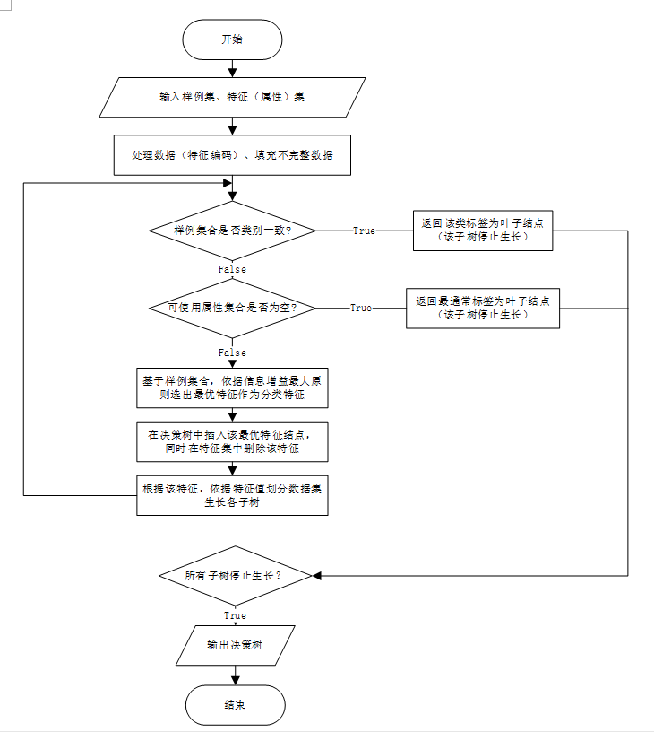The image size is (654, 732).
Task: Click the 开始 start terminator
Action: click(232, 39)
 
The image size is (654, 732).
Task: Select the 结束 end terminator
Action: click(235, 705)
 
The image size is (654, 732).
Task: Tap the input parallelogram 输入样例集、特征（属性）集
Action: click(232, 97)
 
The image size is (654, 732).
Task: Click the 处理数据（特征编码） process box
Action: click(232, 154)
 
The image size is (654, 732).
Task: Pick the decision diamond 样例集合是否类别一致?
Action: click(232, 231)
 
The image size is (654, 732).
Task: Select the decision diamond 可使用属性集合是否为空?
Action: click(232, 308)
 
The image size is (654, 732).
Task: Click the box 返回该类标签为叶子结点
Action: click(483, 231)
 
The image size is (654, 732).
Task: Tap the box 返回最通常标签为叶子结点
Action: click(483, 308)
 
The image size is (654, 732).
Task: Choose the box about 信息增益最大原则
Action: click(232, 388)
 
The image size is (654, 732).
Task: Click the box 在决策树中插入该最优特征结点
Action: click(232, 440)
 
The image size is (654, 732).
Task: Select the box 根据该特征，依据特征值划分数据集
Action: click(232, 495)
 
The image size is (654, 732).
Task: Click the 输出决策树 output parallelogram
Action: click(235, 645)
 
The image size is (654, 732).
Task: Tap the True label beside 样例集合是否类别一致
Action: click(364, 231)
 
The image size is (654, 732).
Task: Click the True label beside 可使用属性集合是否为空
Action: click(361, 308)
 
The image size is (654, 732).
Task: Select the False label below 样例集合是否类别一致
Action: click(232, 269)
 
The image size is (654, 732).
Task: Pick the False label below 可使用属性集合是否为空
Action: click(232, 353)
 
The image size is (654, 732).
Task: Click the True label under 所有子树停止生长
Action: click(234, 615)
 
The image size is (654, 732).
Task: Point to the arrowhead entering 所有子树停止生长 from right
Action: click(316, 575)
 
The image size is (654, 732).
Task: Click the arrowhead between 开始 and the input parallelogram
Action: click(232, 72)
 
